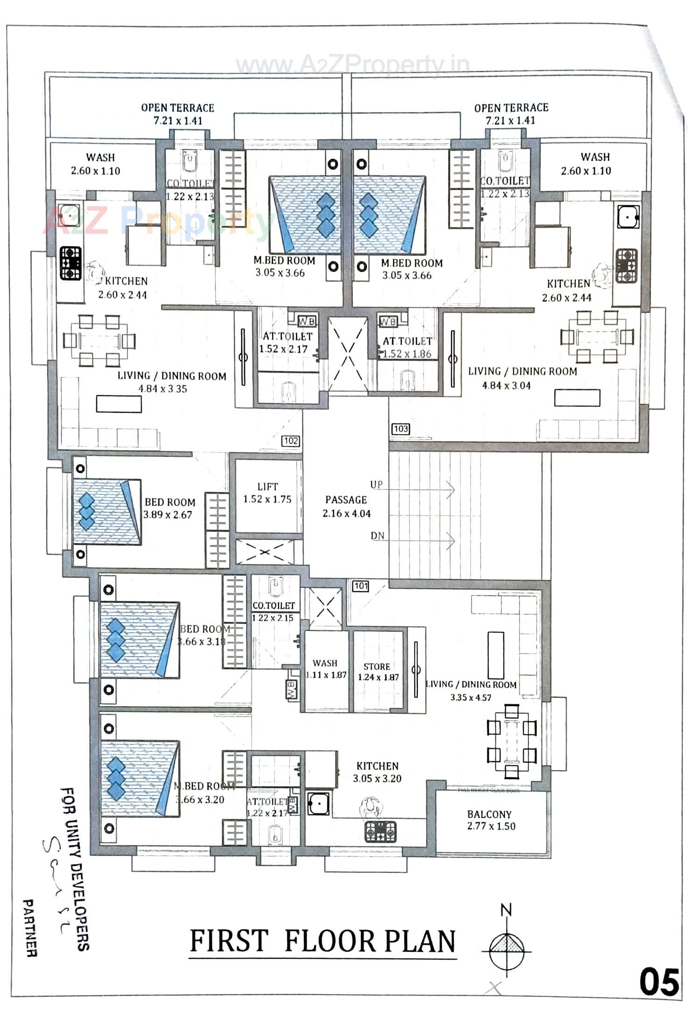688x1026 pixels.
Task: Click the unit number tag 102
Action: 290,441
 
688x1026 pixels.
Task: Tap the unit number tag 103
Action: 400,429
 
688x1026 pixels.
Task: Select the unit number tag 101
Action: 361,586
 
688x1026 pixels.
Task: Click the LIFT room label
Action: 267,493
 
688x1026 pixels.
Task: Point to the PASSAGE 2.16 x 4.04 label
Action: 346,506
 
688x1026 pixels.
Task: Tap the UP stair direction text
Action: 376,485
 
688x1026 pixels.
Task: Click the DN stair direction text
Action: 378,536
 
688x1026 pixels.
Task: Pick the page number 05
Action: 659,982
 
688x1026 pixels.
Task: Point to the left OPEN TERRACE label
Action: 178,114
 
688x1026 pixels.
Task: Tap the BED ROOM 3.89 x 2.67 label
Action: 168,508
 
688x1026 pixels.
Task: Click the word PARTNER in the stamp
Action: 30,928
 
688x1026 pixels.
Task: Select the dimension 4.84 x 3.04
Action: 506,385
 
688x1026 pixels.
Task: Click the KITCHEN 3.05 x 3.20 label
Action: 377,772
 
